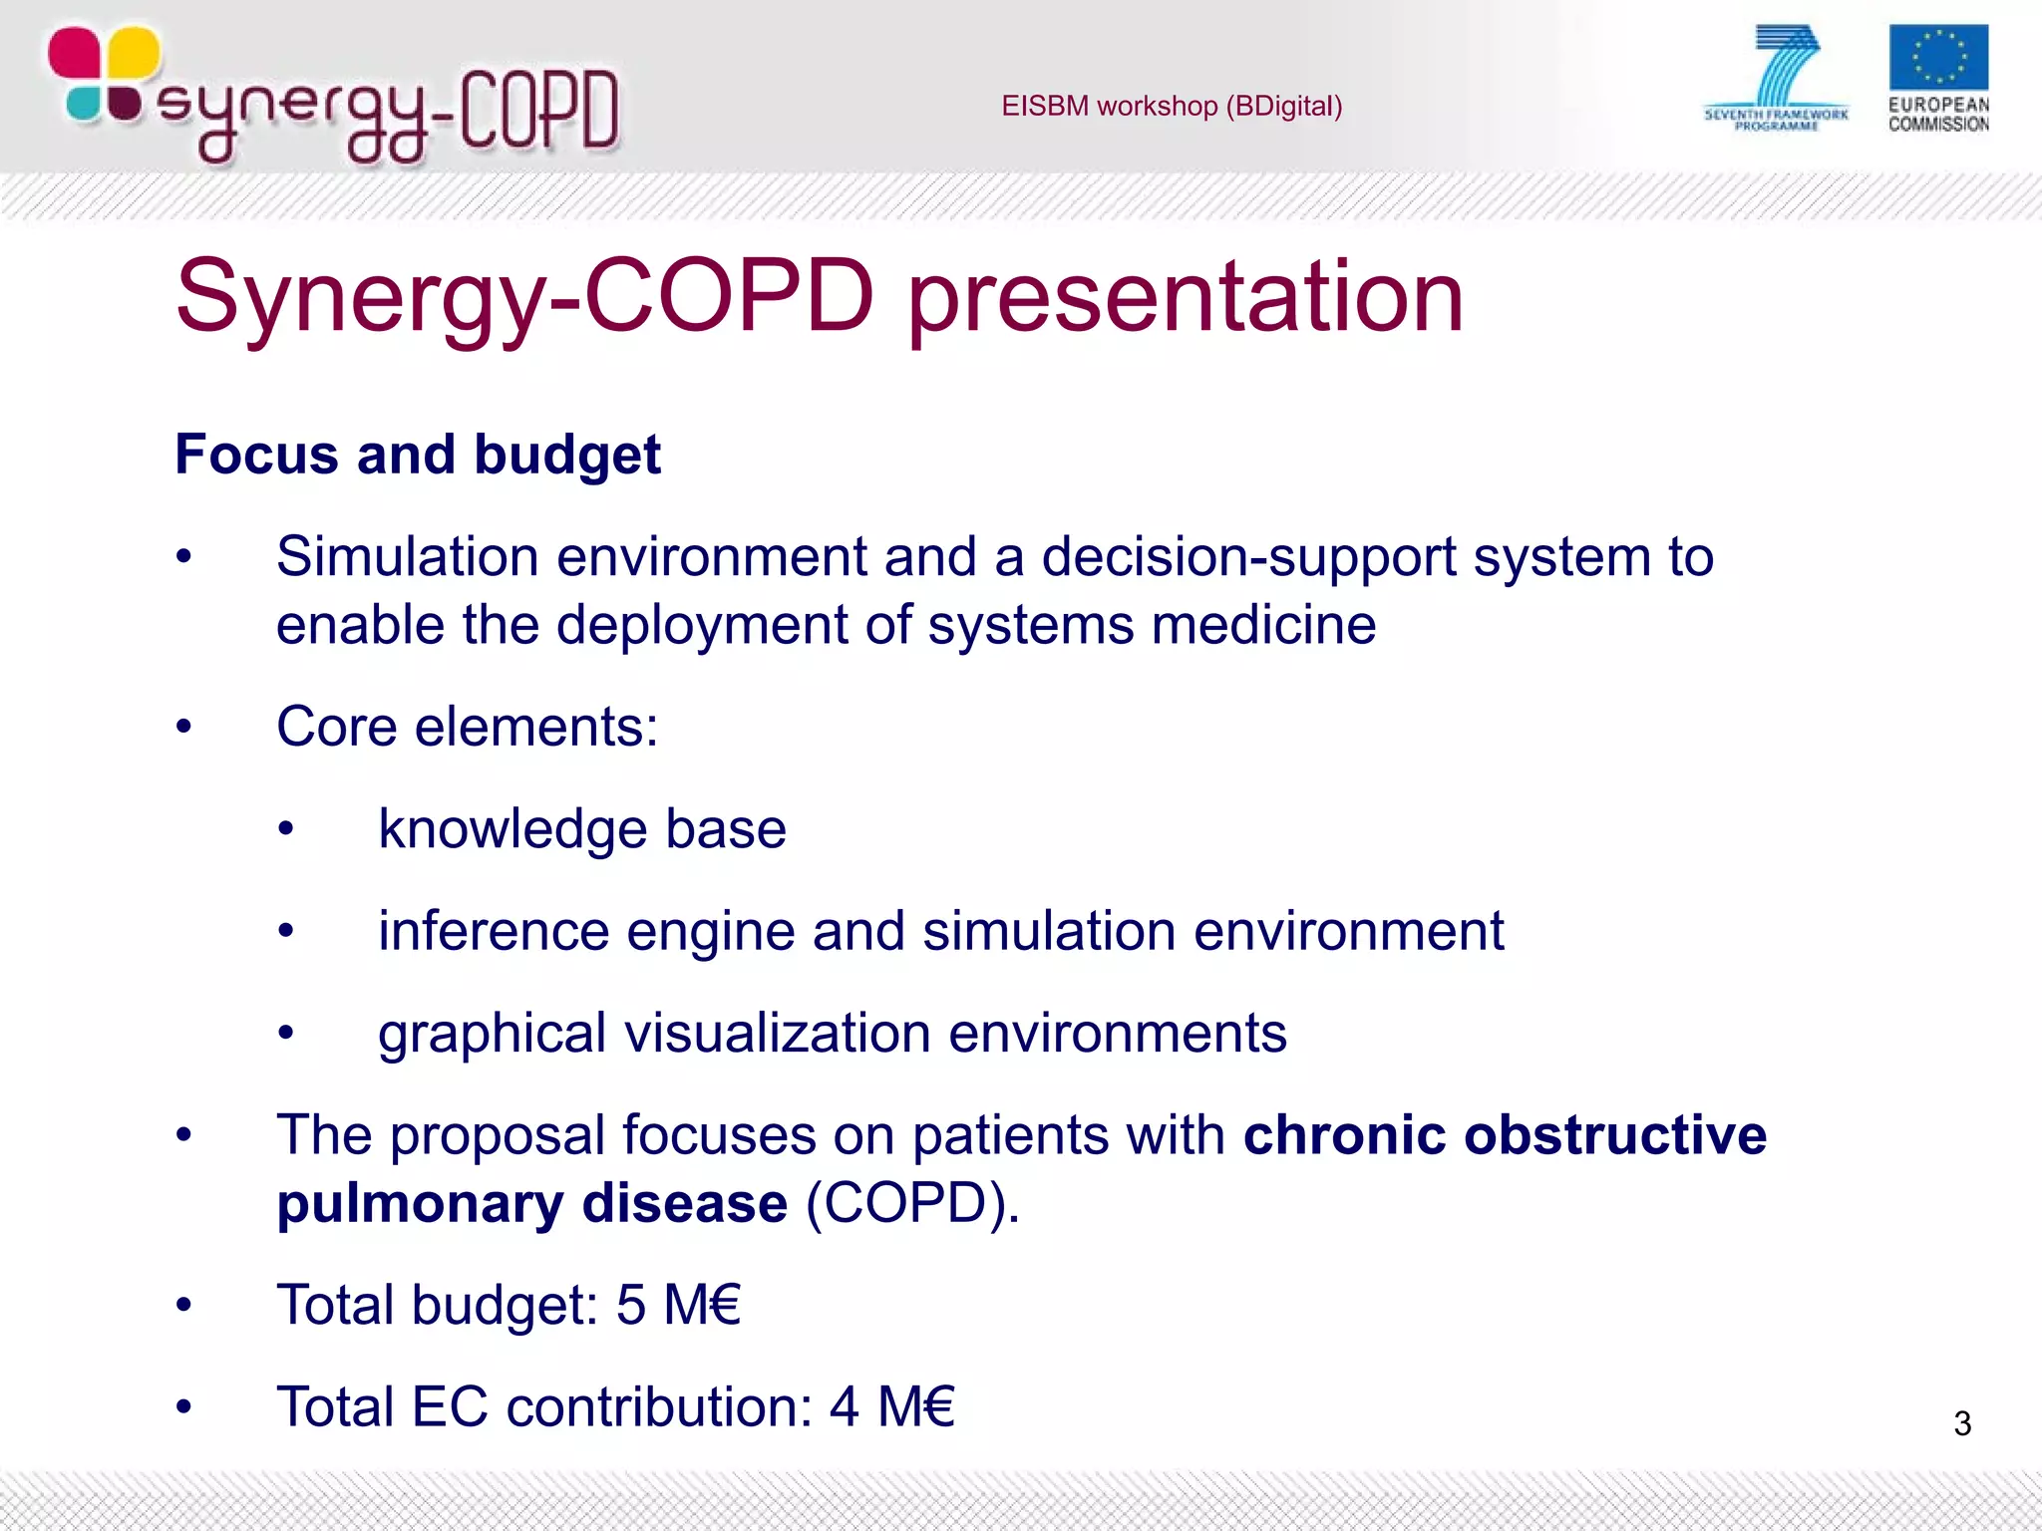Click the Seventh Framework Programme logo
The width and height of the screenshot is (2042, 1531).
point(1777,78)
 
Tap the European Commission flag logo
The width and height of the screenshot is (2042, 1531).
point(1937,59)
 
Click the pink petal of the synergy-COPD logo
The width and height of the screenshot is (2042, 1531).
point(74,52)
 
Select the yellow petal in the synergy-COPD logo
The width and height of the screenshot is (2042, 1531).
point(133,52)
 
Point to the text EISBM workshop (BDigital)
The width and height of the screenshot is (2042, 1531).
point(1172,106)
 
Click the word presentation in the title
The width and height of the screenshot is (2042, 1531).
point(1185,296)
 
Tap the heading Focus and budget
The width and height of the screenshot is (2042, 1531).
point(417,455)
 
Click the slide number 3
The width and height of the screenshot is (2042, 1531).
point(1961,1422)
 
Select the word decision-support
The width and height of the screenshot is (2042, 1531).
point(1248,556)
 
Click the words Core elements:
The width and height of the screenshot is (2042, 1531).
point(467,726)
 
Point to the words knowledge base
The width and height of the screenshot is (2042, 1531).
point(581,828)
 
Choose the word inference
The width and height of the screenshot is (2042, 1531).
point(493,931)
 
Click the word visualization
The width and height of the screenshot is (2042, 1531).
point(777,1033)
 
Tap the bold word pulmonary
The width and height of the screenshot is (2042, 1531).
point(419,1203)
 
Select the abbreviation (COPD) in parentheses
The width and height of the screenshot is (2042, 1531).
point(911,1203)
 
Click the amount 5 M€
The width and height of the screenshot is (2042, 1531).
point(678,1305)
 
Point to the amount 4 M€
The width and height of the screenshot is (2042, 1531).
point(891,1406)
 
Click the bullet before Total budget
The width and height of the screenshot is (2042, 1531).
point(183,1305)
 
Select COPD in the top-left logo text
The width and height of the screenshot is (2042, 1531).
point(538,110)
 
